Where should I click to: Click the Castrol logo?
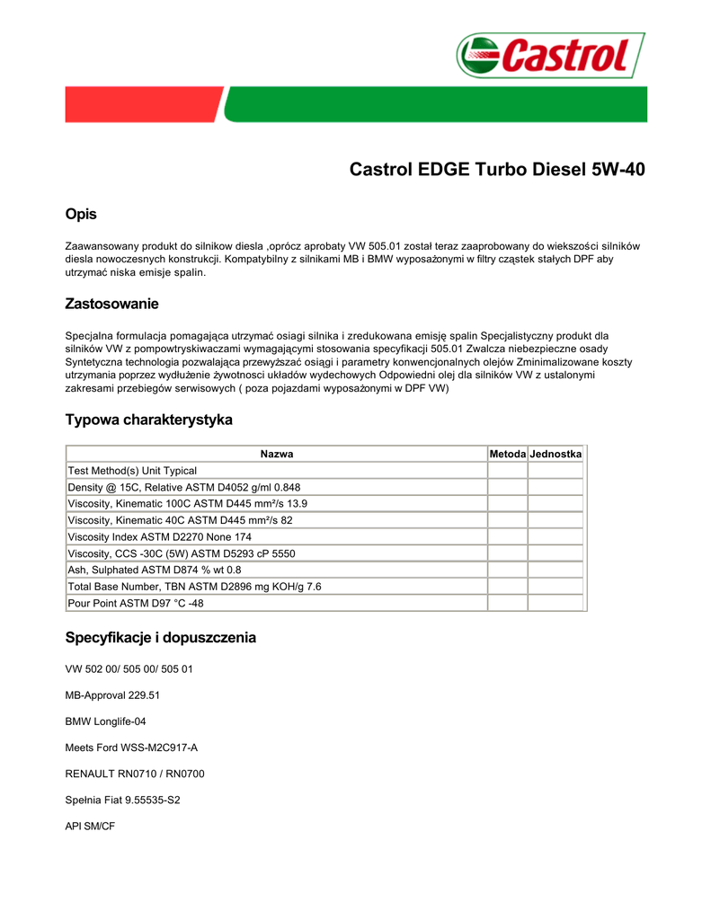click(x=550, y=56)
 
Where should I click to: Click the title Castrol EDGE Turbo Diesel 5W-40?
click(x=496, y=170)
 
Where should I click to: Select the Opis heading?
click(x=81, y=215)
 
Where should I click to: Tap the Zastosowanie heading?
click(x=112, y=305)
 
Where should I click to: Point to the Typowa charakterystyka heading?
click(x=149, y=420)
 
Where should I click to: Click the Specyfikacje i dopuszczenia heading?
click(x=161, y=638)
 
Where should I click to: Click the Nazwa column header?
click(x=277, y=455)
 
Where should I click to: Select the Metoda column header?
click(x=507, y=455)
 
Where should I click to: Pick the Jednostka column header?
click(x=556, y=455)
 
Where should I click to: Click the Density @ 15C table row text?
click(x=184, y=487)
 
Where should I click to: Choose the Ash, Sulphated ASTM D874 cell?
click(x=155, y=570)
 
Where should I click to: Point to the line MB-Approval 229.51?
click(x=113, y=695)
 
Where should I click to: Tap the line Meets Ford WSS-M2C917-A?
click(x=131, y=747)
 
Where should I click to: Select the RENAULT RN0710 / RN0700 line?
click(x=135, y=773)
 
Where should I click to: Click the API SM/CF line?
click(x=90, y=824)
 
